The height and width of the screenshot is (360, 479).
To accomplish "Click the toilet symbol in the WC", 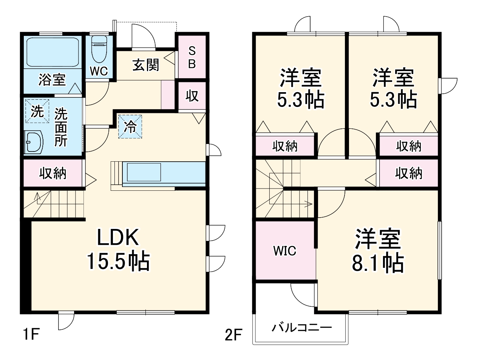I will click(99, 49).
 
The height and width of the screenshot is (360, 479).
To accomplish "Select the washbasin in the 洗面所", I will click(34, 142).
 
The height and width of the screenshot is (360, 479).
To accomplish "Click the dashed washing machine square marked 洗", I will click(37, 111).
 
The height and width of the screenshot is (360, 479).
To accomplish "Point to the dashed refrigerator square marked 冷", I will click(130, 127).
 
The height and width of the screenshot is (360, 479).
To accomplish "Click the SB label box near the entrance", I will click(192, 57).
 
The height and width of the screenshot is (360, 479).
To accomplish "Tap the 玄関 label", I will click(146, 65).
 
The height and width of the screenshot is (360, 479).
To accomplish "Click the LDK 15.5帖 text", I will click(119, 249).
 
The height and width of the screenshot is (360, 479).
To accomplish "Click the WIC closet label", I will click(285, 251).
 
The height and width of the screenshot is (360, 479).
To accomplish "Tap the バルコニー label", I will click(301, 327).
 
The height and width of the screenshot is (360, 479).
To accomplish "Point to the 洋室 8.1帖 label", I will click(378, 250).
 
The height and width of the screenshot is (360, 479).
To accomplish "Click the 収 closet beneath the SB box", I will click(192, 96).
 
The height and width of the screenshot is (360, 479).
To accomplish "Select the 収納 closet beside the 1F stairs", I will click(53, 173).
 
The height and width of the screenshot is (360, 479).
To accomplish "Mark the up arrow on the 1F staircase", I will click(37, 197).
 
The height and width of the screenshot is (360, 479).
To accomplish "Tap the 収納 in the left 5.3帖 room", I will click(285, 146).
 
